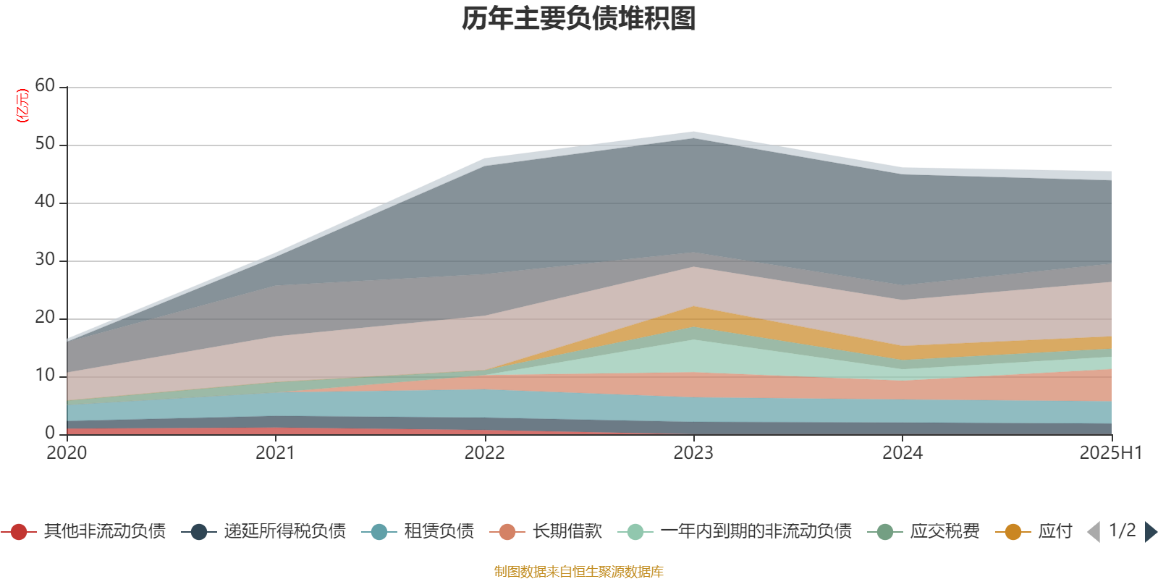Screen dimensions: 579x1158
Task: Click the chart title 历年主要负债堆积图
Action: (579, 19)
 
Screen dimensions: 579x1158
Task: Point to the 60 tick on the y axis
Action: (45, 86)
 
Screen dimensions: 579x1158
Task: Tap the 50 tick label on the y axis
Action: (45, 144)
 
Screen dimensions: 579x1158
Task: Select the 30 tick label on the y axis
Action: (45, 260)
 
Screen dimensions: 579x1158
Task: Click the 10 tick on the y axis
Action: (45, 376)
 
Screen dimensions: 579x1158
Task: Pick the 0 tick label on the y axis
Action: (49, 433)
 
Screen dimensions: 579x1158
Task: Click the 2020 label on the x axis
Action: (67, 453)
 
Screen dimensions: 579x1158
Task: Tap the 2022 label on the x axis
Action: (484, 453)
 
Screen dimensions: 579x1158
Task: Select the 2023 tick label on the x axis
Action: (693, 453)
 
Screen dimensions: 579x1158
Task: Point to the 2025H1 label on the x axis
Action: (1110, 453)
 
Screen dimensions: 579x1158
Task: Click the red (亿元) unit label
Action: (23, 106)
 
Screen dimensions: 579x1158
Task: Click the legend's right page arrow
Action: (1150, 532)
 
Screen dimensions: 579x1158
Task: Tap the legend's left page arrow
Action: (1094, 532)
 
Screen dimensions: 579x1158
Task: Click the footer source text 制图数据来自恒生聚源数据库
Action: (579, 572)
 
